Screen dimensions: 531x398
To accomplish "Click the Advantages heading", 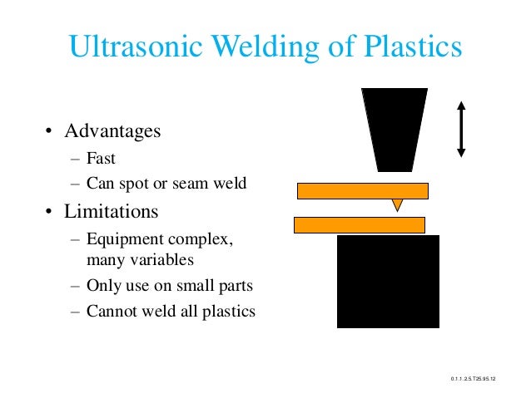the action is tap(113, 131).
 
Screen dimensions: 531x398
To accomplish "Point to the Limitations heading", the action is tap(112, 211).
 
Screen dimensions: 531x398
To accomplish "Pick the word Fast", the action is tap(101, 158).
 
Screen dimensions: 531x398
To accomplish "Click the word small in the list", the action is tap(191, 286).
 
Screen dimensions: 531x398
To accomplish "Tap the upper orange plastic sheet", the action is tap(362, 190).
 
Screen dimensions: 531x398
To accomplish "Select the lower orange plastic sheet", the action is tap(360, 224).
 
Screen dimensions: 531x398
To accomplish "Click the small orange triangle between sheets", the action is tap(398, 204).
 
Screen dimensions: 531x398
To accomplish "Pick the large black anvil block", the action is tap(388, 281).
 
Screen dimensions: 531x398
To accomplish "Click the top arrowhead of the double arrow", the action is tap(461, 106).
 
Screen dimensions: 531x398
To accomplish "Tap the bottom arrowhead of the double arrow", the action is tap(461, 153).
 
